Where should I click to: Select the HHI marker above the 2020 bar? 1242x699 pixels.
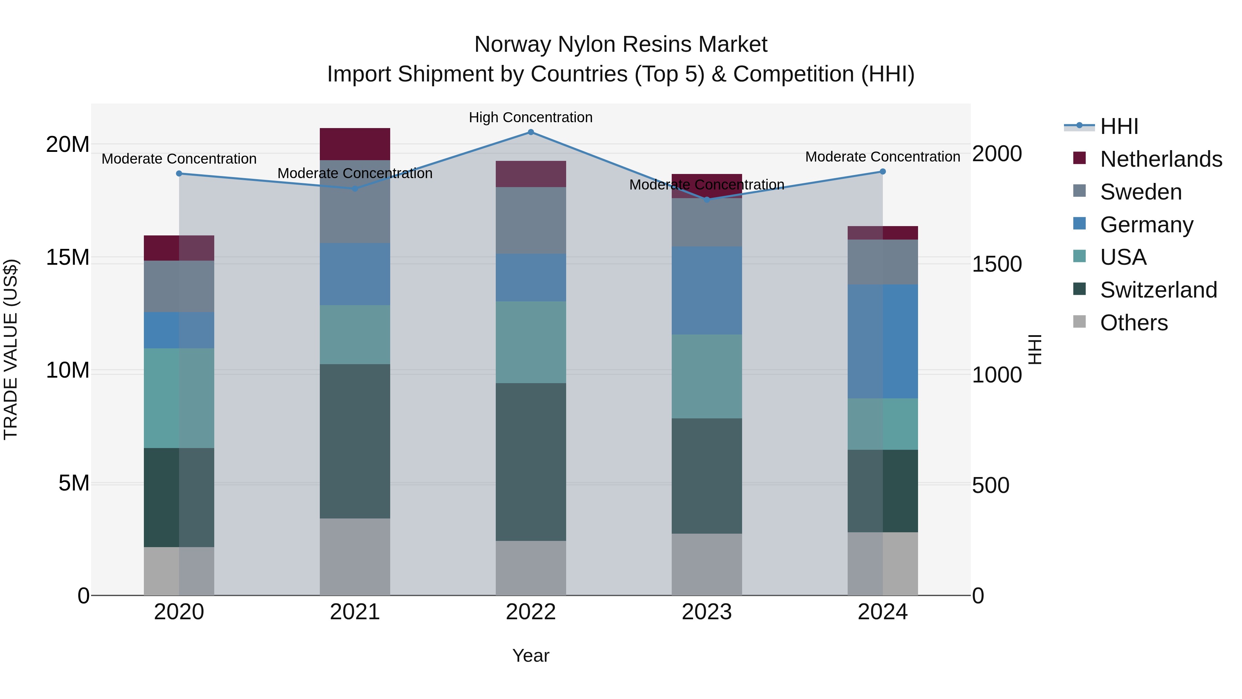click(x=179, y=174)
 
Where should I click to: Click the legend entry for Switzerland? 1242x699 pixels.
click(x=1158, y=290)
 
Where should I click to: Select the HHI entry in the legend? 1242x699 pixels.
click(x=1118, y=126)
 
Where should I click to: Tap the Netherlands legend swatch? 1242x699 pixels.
click(x=1080, y=158)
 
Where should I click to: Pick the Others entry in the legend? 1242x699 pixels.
click(x=1134, y=323)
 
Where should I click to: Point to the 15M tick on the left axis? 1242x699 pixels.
click(x=68, y=258)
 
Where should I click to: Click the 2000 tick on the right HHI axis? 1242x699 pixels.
click(x=997, y=154)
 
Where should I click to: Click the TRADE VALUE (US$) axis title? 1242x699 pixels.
click(x=11, y=349)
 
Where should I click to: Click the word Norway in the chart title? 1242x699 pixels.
click(x=513, y=45)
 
